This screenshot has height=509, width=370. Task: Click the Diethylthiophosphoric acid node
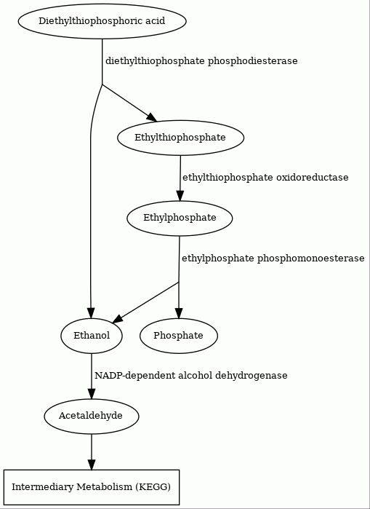tap(102, 21)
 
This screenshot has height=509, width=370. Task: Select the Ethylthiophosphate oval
tap(180, 138)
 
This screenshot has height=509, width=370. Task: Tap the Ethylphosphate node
tap(180, 218)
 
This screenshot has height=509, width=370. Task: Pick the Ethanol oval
tap(92, 336)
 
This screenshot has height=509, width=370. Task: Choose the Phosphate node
tap(179, 336)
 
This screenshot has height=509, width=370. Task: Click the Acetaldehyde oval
tap(92, 417)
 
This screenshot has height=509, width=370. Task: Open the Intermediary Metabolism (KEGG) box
tap(92, 487)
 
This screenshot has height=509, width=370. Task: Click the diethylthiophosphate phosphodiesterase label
tap(201, 61)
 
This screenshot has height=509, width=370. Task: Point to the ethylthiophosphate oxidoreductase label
tap(265, 178)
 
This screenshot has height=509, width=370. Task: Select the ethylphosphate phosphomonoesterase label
tap(273, 259)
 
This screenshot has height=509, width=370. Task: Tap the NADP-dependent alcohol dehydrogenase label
tap(191, 376)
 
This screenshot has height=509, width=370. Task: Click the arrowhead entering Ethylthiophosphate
tap(152, 117)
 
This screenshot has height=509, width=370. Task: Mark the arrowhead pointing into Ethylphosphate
tap(180, 196)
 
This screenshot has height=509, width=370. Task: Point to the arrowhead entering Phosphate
tap(179, 314)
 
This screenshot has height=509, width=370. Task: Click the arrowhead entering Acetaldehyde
tap(92, 394)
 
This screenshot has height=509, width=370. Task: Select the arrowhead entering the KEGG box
tap(92, 465)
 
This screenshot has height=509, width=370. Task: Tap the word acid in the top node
tap(156, 21)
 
